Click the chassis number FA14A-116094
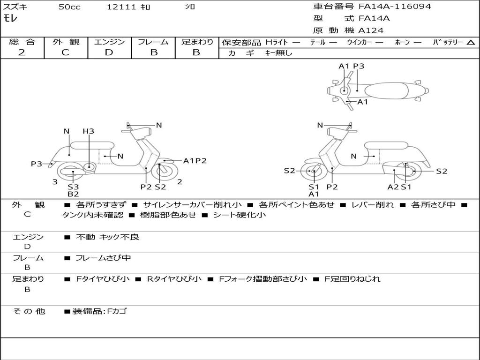click(395, 7)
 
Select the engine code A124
click(371, 30)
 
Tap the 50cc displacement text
click(69, 7)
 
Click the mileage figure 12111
click(121, 7)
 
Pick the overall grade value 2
click(22, 52)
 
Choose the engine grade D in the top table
click(109, 52)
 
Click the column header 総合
click(22, 42)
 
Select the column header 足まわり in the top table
click(197, 42)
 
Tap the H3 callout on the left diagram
click(89, 131)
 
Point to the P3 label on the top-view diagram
click(359, 66)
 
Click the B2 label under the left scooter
click(73, 194)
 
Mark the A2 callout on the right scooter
click(393, 187)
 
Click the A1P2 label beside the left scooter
click(195, 161)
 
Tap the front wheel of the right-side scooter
click(314, 172)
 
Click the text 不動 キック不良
click(107, 237)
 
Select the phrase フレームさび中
click(103, 258)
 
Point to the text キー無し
click(278, 53)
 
